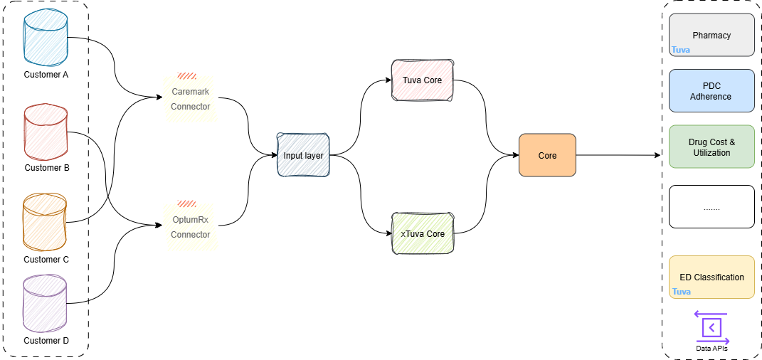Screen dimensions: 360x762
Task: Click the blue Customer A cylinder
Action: tap(46, 38)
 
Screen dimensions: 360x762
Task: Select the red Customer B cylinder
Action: tap(46, 132)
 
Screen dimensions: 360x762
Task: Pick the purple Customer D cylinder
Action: tap(45, 305)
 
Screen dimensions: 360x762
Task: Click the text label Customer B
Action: tap(47, 168)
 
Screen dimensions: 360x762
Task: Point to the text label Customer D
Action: tap(46, 341)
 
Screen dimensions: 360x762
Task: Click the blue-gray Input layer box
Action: tap(303, 154)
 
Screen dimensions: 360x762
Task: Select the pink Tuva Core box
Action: tap(423, 80)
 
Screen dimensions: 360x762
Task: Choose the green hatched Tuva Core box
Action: tap(423, 233)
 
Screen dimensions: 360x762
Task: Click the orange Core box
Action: tap(547, 155)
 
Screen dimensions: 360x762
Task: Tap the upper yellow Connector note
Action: tap(189, 98)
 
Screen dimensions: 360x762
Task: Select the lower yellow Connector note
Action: tap(189, 226)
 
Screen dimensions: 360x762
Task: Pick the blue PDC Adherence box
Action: tap(711, 91)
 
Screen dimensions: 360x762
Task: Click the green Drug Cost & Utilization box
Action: tap(711, 147)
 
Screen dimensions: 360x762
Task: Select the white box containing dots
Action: tap(711, 207)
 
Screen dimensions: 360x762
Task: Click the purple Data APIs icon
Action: tap(711, 327)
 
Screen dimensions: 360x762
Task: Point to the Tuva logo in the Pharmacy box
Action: tap(681, 51)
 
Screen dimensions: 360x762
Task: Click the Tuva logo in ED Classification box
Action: tap(682, 292)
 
